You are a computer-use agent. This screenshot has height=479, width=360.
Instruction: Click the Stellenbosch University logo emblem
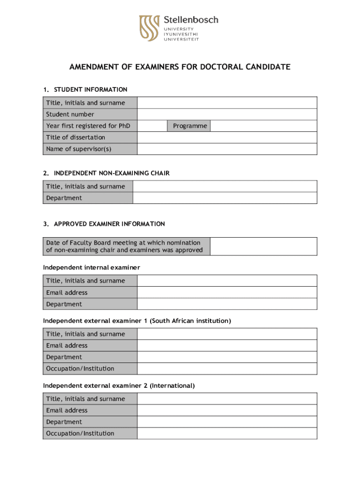(x=150, y=28)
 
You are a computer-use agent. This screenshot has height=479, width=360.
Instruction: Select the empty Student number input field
(x=227, y=114)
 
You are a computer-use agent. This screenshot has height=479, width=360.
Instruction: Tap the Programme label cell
(x=190, y=126)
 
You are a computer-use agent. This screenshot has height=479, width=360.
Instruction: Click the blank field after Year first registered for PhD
(x=152, y=126)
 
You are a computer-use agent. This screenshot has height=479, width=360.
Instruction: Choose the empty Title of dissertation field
(x=227, y=138)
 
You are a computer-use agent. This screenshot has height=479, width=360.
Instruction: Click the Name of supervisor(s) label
(x=79, y=149)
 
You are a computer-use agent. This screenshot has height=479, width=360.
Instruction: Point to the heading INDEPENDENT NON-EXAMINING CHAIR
(x=112, y=173)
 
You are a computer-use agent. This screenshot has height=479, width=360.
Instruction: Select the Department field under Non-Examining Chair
(x=224, y=198)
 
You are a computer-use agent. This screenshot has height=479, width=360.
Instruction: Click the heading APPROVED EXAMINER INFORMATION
(x=109, y=224)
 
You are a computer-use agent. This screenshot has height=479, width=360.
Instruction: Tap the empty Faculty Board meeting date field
(x=263, y=246)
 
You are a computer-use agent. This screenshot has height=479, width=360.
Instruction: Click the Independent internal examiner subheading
(x=92, y=268)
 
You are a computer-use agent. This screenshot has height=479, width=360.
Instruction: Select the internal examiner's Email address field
(x=227, y=292)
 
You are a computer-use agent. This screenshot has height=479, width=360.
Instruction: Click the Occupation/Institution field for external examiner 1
(x=227, y=369)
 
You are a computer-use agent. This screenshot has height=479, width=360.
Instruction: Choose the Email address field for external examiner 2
(x=227, y=410)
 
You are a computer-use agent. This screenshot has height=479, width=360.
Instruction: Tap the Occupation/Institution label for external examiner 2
(x=80, y=433)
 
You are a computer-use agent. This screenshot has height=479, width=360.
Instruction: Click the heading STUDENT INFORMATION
(x=91, y=89)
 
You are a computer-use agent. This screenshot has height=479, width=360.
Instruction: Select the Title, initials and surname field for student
(x=227, y=102)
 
